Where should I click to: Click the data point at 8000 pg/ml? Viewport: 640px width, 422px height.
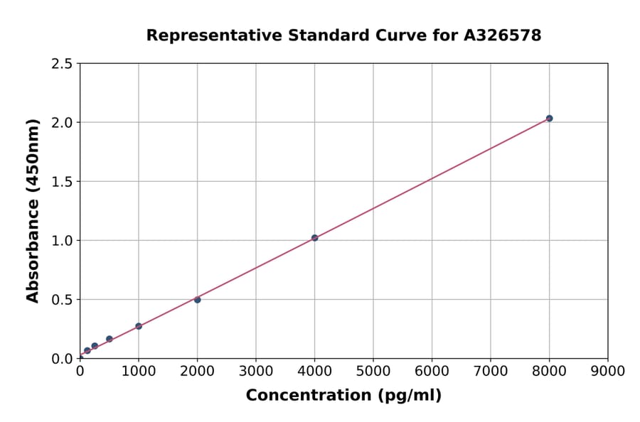click(549, 118)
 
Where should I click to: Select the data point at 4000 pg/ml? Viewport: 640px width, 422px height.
click(314, 238)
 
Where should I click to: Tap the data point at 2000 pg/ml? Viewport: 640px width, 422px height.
click(197, 300)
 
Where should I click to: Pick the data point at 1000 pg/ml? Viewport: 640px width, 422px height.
click(139, 326)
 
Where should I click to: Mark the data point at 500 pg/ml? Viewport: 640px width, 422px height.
click(110, 339)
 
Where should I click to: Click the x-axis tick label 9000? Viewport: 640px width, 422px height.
click(607, 371)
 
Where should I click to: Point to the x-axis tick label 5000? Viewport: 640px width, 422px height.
click(373, 371)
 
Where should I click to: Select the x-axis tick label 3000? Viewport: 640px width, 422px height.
click(255, 371)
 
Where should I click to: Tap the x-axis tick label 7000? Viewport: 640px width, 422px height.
click(490, 371)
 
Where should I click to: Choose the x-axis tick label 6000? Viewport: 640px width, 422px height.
click(432, 371)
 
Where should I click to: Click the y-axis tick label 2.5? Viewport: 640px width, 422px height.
click(63, 64)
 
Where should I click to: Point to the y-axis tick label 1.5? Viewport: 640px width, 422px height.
click(63, 182)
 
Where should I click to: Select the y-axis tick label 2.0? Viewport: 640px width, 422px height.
click(63, 123)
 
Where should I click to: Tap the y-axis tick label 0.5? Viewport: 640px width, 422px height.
click(63, 300)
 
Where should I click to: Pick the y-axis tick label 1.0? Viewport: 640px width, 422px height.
click(63, 241)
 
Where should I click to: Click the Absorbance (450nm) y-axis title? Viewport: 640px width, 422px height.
click(33, 211)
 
